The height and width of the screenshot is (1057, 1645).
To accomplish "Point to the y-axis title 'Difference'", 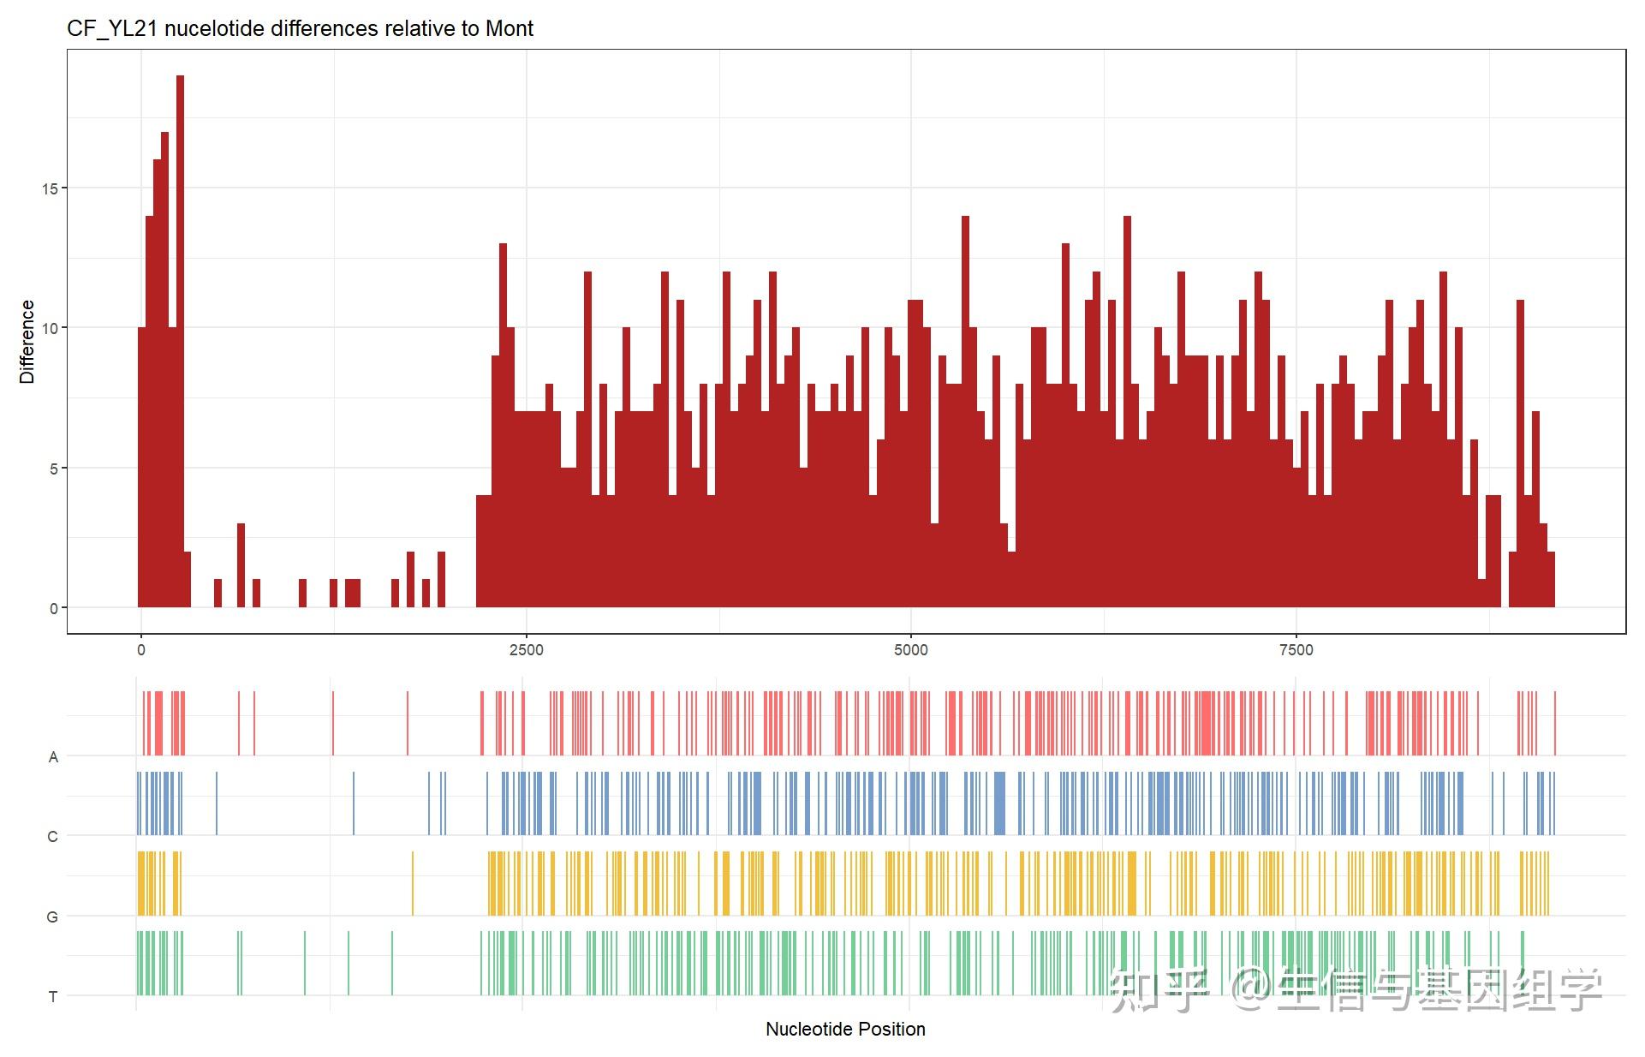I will [x=27, y=341].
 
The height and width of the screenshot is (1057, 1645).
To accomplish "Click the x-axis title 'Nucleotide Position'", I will [x=845, y=1029].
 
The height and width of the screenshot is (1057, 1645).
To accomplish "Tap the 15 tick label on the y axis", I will [x=50, y=188].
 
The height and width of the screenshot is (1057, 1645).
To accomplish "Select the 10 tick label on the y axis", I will [x=50, y=328].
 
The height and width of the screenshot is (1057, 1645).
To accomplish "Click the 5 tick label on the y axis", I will [x=53, y=469].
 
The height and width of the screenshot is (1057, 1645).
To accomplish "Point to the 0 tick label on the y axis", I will [x=53, y=608].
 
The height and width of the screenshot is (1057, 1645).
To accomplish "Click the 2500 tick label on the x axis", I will [x=526, y=650].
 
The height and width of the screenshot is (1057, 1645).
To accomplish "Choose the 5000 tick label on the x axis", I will [x=910, y=650].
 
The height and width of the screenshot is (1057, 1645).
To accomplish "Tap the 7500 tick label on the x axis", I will [x=1296, y=650].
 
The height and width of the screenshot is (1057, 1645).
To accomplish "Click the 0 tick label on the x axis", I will [x=141, y=650].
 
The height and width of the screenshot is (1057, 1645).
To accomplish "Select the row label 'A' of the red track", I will [x=53, y=757].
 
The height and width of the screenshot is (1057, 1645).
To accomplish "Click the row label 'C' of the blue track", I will [x=53, y=837].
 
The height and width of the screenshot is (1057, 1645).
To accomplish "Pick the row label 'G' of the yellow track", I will [x=53, y=917].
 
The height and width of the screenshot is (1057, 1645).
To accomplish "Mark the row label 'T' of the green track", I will [x=53, y=997].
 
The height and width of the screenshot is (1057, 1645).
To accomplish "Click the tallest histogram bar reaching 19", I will [x=180, y=343].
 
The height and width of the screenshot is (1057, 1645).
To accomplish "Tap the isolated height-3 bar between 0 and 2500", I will [x=241, y=565].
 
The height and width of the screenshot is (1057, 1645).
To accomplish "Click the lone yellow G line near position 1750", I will [x=413, y=883].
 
